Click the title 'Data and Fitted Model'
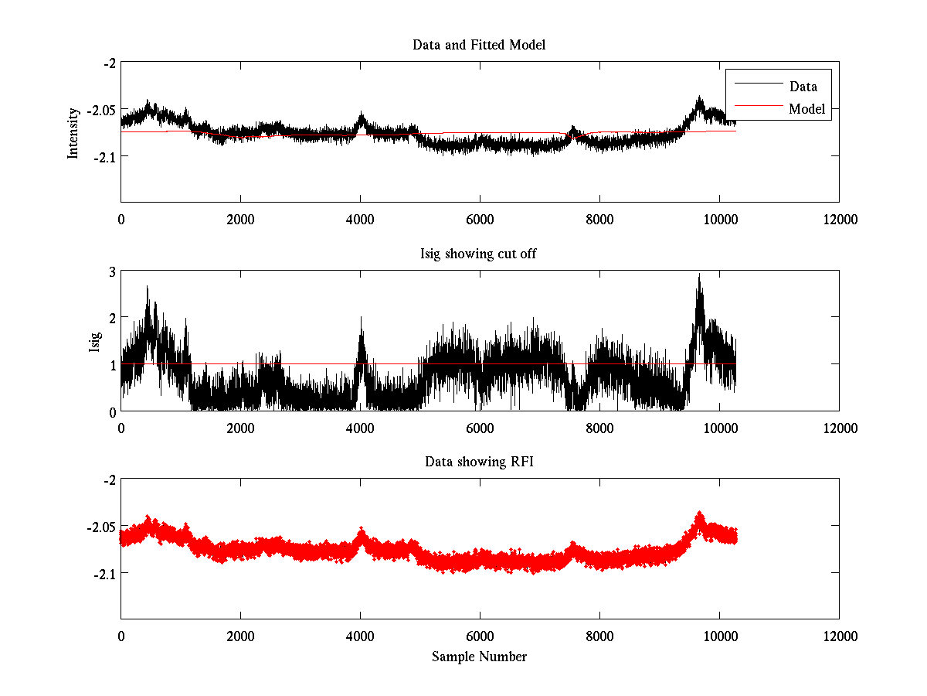click(479, 45)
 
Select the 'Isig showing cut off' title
click(479, 254)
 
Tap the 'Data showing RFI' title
click(479, 462)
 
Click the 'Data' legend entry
click(803, 86)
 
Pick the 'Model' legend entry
click(806, 109)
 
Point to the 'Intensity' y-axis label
click(73, 132)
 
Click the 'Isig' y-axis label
click(94, 341)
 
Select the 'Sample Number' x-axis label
click(479, 657)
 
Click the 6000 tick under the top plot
click(480, 220)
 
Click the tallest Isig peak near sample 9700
click(699, 275)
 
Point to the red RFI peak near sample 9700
click(700, 514)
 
